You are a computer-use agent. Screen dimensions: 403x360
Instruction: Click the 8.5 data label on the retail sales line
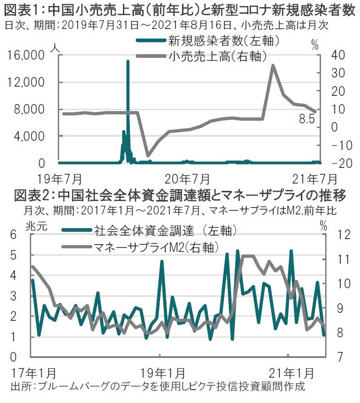[307, 120]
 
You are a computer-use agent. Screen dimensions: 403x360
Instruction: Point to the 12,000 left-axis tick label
[27, 82]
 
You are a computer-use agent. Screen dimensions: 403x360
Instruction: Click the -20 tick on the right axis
[330, 163]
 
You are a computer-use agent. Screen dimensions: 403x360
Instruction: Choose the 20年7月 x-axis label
[188, 178]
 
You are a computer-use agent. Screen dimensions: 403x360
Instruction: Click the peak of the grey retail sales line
[273, 65]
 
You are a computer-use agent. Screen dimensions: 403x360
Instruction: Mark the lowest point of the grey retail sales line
[148, 155]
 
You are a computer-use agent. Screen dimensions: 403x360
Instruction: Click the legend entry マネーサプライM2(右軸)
[155, 247]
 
